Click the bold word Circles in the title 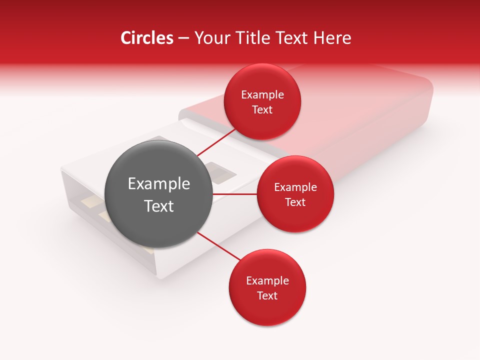tap(146, 38)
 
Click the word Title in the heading tap(252, 38)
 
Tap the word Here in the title tap(332, 38)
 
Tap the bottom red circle tap(267, 310)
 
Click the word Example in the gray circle tap(159, 184)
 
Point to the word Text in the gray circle tap(159, 205)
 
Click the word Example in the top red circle tap(262, 95)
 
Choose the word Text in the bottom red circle tap(267, 295)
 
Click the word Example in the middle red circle tap(295, 187)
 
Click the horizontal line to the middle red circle tap(235, 194)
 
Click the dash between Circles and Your tap(183, 38)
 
